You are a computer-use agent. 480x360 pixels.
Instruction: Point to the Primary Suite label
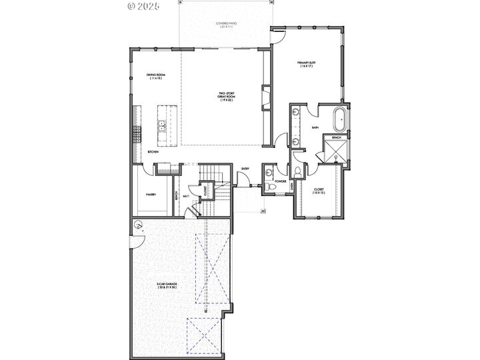point(307,64)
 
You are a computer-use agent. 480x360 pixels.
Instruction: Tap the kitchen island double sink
point(162,124)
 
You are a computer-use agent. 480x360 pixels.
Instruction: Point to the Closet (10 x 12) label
point(319,191)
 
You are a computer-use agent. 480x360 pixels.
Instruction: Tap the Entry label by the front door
point(245,169)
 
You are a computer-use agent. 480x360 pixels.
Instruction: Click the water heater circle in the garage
point(137,224)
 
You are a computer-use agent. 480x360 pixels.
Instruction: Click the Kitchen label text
point(153,153)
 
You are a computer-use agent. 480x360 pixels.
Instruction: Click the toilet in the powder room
point(269,187)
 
